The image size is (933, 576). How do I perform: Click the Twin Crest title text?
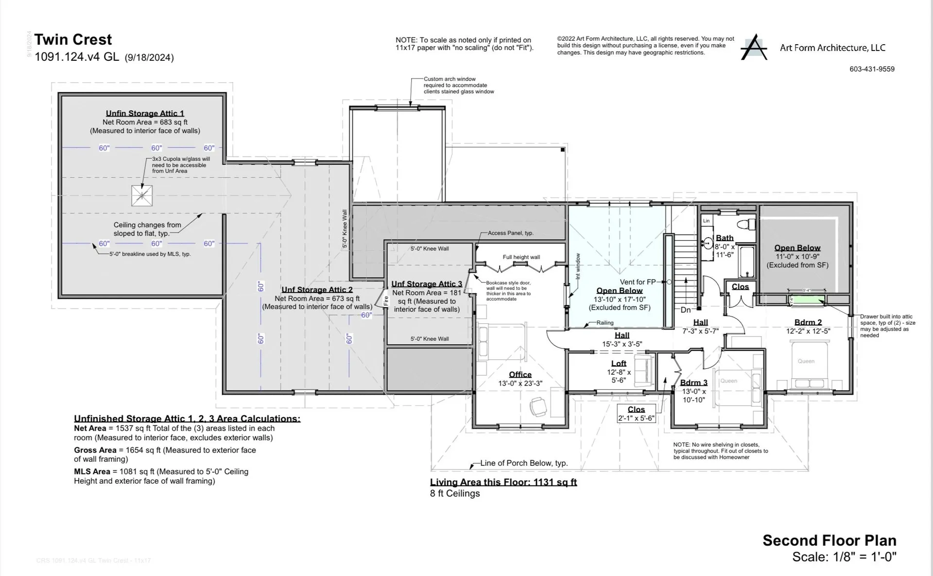pyautogui.click(x=73, y=39)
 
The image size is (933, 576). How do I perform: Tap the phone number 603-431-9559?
pyautogui.click(x=872, y=69)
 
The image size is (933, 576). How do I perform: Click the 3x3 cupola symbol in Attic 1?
pyautogui.click(x=142, y=196)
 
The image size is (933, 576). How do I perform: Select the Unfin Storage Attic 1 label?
pyautogui.click(x=145, y=113)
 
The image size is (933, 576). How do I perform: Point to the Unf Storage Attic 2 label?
pyautogui.click(x=317, y=290)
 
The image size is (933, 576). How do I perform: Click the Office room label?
pyautogui.click(x=520, y=374)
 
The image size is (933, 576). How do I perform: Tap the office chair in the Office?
pyautogui.click(x=538, y=406)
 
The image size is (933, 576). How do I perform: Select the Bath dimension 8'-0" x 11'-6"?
pyautogui.click(x=724, y=250)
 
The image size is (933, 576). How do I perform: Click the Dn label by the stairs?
pyautogui.click(x=685, y=310)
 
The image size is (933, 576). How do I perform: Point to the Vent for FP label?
pyautogui.click(x=638, y=282)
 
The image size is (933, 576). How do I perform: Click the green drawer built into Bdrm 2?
pyautogui.click(x=807, y=299)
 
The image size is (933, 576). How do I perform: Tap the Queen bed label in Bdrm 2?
pyautogui.click(x=806, y=361)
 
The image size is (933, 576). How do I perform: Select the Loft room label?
pyautogui.click(x=619, y=363)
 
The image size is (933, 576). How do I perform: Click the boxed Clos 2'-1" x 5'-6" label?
pyautogui.click(x=636, y=414)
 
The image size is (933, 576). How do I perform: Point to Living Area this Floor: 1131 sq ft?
pyautogui.click(x=503, y=482)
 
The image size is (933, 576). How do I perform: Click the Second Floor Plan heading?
pyautogui.click(x=829, y=540)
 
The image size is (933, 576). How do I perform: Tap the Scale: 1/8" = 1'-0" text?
pyautogui.click(x=844, y=557)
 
